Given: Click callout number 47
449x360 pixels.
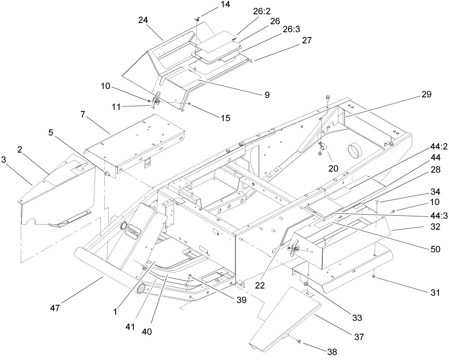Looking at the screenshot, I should [x=55, y=308].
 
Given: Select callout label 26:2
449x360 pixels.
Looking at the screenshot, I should [x=262, y=11].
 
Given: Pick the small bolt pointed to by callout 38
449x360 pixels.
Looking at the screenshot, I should [x=299, y=341].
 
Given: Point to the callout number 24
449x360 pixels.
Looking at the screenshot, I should [x=143, y=20].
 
